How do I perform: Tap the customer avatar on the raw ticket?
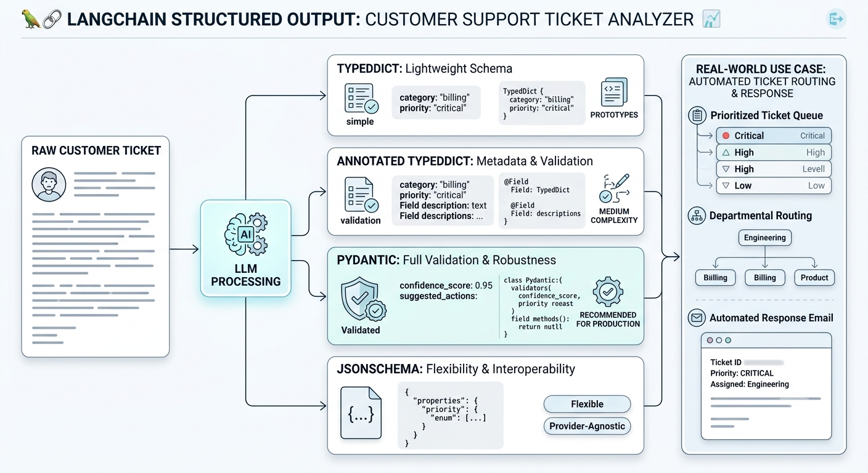[x=49, y=185]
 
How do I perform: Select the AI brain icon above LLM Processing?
[x=246, y=235]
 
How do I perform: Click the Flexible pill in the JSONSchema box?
[x=587, y=404]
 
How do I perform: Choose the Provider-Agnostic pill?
[x=587, y=426]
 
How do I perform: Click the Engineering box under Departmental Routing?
[x=765, y=238]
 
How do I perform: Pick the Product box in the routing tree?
[x=814, y=278]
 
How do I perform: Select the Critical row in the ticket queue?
[x=774, y=136]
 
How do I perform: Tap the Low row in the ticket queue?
[x=774, y=186]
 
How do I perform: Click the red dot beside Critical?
[x=726, y=136]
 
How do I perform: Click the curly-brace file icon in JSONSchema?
[x=361, y=413]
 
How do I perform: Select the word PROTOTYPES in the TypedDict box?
[x=614, y=115]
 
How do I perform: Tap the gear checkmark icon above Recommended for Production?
[x=608, y=291]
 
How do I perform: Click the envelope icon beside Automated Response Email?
[x=697, y=318]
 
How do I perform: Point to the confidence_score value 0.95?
[x=483, y=286]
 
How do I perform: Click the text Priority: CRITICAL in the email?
[x=742, y=373]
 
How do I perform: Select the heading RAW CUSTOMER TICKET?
[x=96, y=150]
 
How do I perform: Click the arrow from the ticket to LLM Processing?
[x=184, y=249]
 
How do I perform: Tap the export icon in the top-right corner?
[x=836, y=19]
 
